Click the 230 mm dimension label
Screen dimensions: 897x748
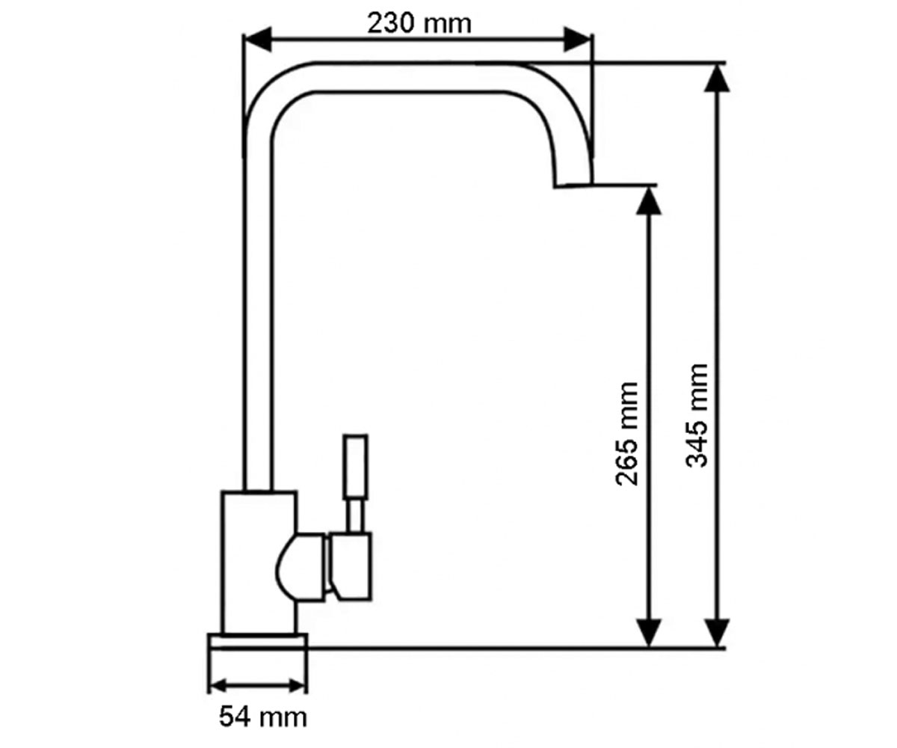pyautogui.click(x=419, y=24)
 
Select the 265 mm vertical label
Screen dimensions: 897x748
pyautogui.click(x=626, y=434)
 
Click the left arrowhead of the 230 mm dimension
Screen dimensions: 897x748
pyautogui.click(x=257, y=39)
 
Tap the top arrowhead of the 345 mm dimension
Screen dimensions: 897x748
pyautogui.click(x=717, y=79)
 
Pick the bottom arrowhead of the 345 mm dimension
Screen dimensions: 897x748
pyautogui.click(x=717, y=632)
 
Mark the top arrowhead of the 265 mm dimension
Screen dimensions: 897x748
pyautogui.click(x=648, y=200)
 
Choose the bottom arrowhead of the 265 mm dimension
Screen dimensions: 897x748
pyautogui.click(x=648, y=632)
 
